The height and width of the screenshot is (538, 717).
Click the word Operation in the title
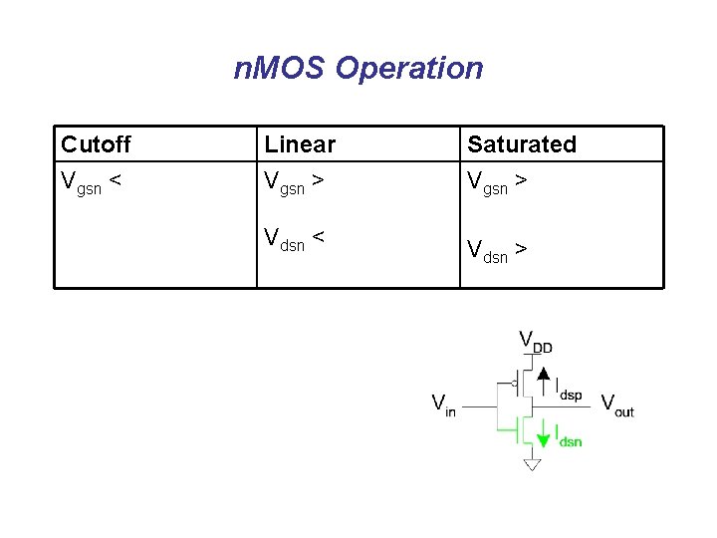pyautogui.click(x=409, y=69)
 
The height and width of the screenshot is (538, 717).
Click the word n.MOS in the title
pyautogui.click(x=281, y=69)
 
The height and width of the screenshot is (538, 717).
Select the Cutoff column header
pyautogui.click(x=96, y=144)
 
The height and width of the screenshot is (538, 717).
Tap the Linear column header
pyautogui.click(x=300, y=144)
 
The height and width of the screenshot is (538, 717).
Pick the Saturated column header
pyautogui.click(x=522, y=144)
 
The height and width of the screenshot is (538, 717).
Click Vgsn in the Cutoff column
pyautogui.click(x=82, y=182)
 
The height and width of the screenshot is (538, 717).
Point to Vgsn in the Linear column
pyautogui.click(x=285, y=182)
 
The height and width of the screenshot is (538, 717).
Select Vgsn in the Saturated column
pyautogui.click(x=488, y=182)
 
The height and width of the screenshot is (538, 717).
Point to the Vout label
pyautogui.click(x=617, y=405)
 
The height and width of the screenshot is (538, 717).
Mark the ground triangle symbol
pyautogui.click(x=532, y=464)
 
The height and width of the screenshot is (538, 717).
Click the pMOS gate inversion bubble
pyautogui.click(x=513, y=382)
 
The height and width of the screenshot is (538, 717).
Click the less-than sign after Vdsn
pyautogui.click(x=318, y=236)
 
